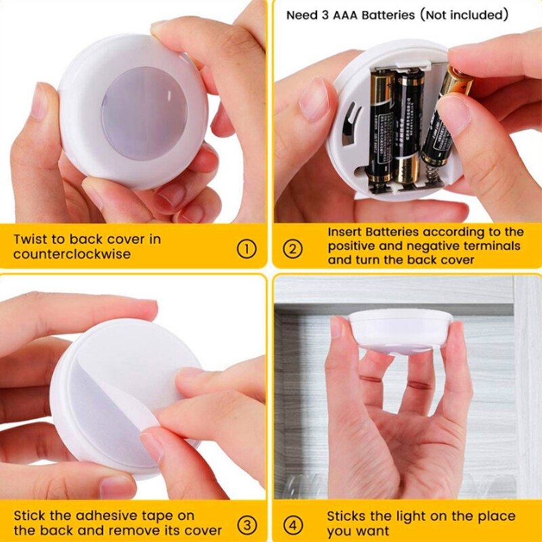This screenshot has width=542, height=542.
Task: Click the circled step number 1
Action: point(247,249)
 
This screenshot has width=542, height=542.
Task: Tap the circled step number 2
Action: point(292,249)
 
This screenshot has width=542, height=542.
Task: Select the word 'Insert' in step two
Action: point(348,232)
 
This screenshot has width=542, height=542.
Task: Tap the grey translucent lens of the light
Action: point(144,113)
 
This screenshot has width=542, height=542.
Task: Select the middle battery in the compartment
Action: point(409,125)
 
